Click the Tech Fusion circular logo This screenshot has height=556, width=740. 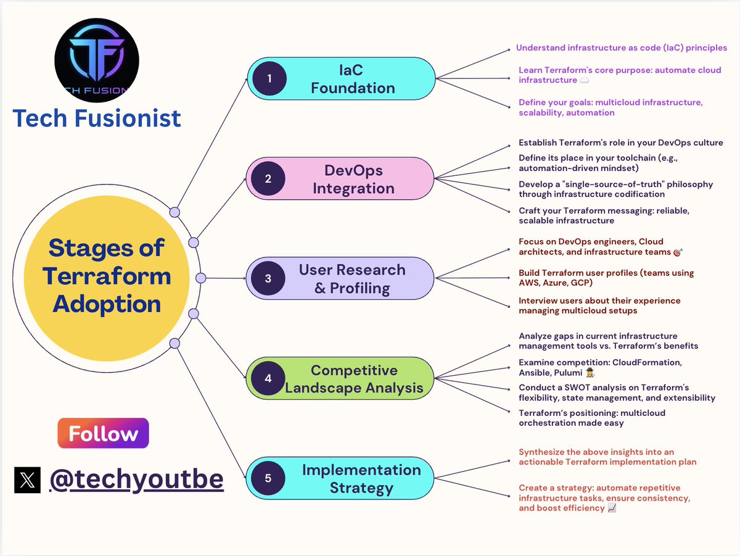coord(97,60)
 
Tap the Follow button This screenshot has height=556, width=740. coord(103,433)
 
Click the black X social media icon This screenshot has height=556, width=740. coord(27,479)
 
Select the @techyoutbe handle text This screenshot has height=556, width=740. coord(136,479)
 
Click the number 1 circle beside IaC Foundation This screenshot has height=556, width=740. coord(269,78)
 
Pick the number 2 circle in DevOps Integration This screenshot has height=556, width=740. coord(268,178)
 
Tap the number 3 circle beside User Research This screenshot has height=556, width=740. coord(268,278)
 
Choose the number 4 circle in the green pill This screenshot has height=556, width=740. coord(268,378)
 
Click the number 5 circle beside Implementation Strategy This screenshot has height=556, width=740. coord(268,478)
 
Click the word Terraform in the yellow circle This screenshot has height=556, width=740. coord(107,276)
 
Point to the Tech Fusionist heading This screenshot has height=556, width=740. coord(97,118)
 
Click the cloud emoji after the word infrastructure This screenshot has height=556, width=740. coord(584,80)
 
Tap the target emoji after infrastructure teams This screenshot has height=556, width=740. coord(678,252)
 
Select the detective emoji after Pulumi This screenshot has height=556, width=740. coord(590,373)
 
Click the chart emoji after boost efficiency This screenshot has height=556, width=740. coord(612,508)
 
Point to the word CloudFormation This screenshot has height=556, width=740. coord(647,362)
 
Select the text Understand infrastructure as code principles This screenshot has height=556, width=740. coord(622,48)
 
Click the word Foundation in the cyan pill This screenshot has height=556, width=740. coord(353,88)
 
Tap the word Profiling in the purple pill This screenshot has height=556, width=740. coord(360,288)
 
